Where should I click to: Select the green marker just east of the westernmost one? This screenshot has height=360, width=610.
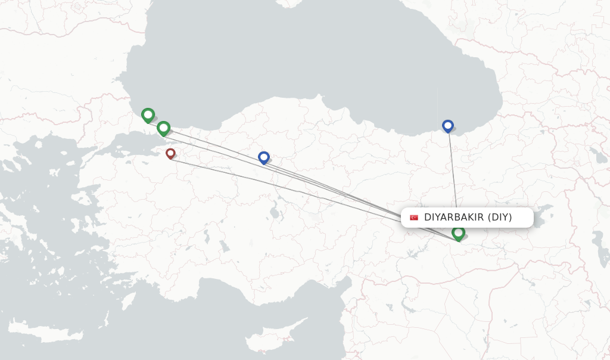point(163,128)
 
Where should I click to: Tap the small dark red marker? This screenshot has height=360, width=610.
point(170,153)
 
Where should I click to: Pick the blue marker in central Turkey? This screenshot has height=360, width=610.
point(264,157)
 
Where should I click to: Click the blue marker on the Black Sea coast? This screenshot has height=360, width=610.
point(448,125)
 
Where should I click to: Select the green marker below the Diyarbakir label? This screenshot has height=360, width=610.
point(458,233)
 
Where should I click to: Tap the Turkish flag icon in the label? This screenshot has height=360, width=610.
point(414,218)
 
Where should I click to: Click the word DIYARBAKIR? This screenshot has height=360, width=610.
point(453,218)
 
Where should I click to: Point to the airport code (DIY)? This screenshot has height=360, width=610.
point(500,218)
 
